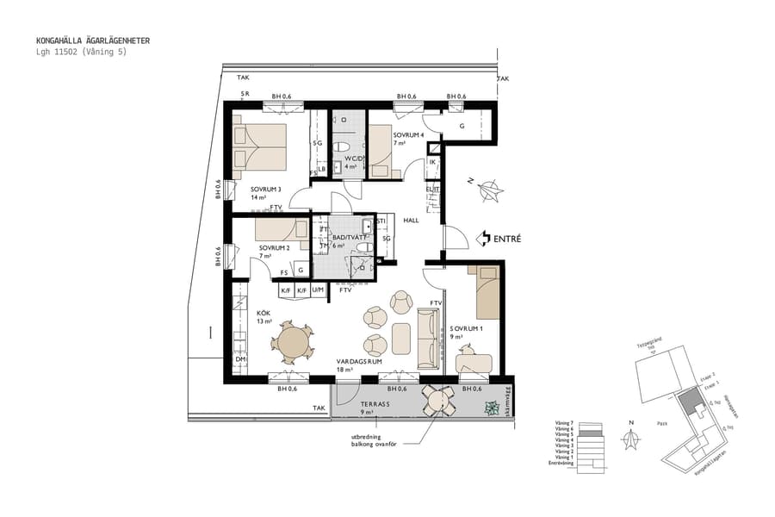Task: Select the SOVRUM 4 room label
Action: (409, 135)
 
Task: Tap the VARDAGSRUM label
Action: (358, 363)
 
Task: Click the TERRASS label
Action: (375, 403)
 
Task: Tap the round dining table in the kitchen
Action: (294, 341)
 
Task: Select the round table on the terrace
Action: (439, 400)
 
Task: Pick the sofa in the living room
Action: (427, 337)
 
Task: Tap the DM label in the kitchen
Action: (241, 359)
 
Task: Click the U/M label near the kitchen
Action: (318, 290)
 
